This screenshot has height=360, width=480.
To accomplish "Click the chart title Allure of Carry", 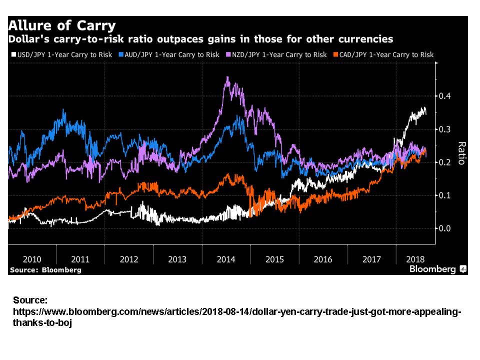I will pyautogui.click(x=61, y=25).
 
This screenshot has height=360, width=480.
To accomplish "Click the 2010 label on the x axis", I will pyautogui.click(x=32, y=259).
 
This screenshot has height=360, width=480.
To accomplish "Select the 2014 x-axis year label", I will pyautogui.click(x=226, y=259).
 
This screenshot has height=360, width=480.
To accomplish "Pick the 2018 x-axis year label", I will pyautogui.click(x=415, y=259).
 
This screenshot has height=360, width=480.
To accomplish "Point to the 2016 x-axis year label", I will pyautogui.click(x=323, y=259).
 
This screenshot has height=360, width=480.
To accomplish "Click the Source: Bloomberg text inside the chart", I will pyautogui.click(x=45, y=270).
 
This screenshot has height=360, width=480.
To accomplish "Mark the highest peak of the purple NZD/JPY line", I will pyautogui.click(x=227, y=77).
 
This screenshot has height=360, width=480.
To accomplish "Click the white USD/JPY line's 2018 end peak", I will pyautogui.click(x=424, y=108).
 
